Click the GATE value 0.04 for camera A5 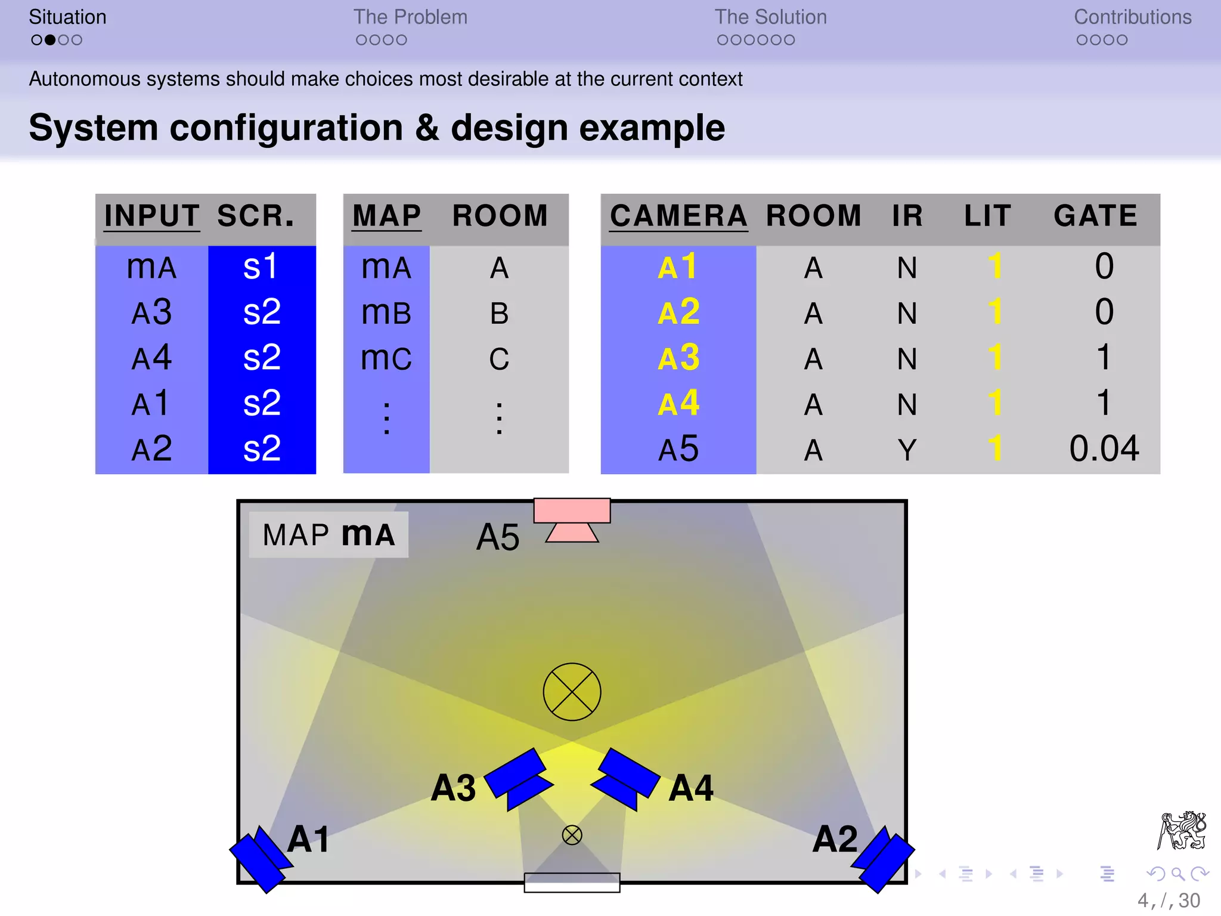coord(1104,448)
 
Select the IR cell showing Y coord(907,450)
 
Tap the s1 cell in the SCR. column coord(261,267)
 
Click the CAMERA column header coord(678,216)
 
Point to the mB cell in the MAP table coord(386,313)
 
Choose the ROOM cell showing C coord(499,359)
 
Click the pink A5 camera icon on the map coord(572,518)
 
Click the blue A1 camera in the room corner coord(260,859)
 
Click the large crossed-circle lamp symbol coord(572,692)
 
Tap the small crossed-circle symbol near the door coord(572,835)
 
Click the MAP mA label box coord(329,534)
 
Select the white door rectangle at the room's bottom coord(572,882)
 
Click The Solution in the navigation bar coord(770,17)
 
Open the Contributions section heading coord(1132,17)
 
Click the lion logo coord(1182,830)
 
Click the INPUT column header coord(151,216)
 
